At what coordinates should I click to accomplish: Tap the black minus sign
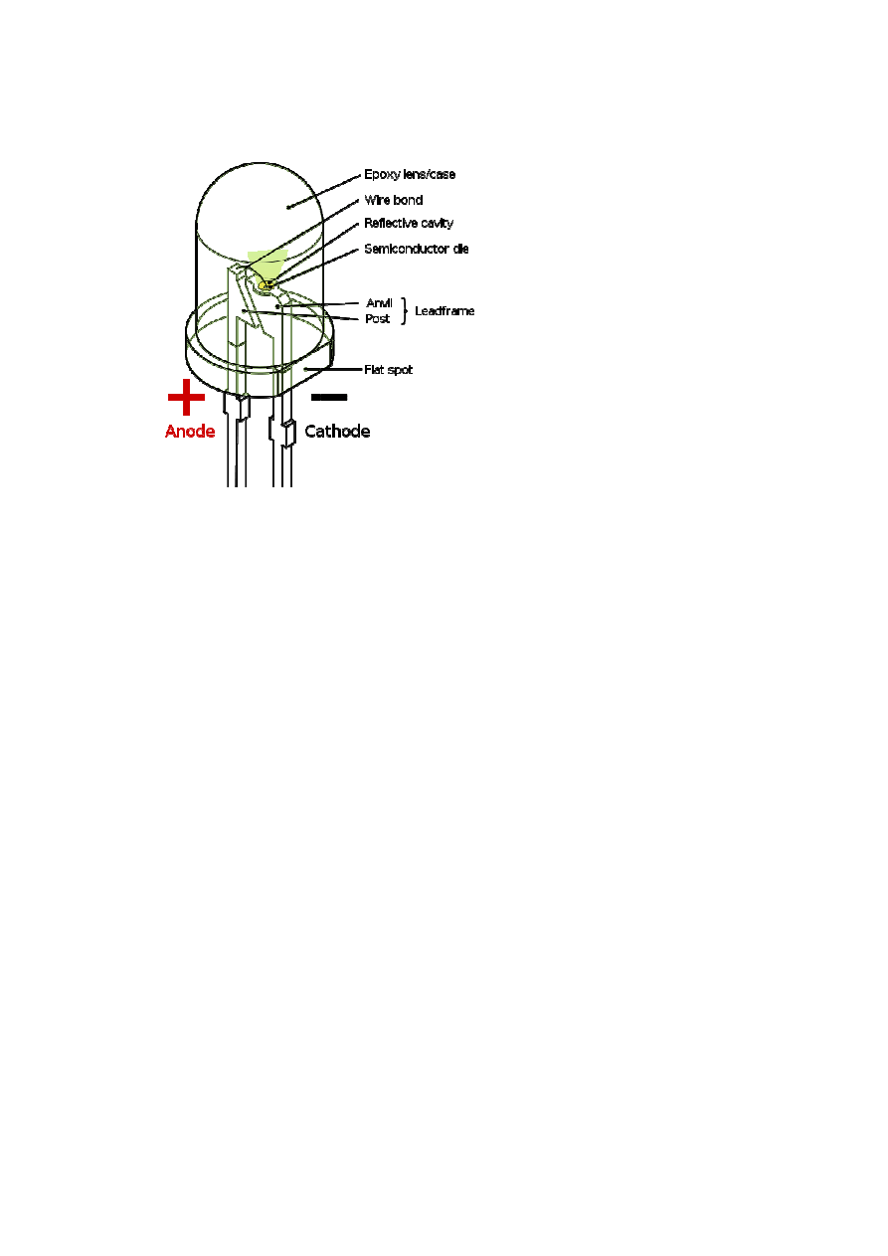coord(329,397)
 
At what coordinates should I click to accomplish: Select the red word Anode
coord(190,432)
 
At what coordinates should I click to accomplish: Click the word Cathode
coord(337,432)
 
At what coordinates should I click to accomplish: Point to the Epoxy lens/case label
coord(409,175)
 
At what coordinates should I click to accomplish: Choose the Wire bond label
coord(393,200)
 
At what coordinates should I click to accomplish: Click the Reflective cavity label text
coord(408,224)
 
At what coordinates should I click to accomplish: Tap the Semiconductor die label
coord(416,249)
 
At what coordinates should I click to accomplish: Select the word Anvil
coord(380,302)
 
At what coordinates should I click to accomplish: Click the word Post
coord(378,319)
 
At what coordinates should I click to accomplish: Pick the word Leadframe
coord(444,311)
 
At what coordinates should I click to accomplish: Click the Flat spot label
coord(388,370)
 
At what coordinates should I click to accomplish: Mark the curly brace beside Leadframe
coord(404,310)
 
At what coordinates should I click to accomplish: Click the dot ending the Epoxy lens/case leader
coord(288,207)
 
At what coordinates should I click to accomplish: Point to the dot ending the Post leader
coord(244,310)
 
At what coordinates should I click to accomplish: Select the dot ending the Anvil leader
coord(277,305)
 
